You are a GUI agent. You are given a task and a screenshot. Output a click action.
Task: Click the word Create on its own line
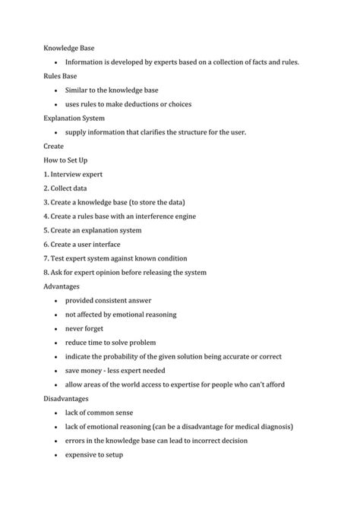[54, 146]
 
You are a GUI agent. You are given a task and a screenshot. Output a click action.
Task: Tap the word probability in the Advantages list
[122, 356]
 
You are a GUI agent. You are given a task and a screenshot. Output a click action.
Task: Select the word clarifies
[155, 132]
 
